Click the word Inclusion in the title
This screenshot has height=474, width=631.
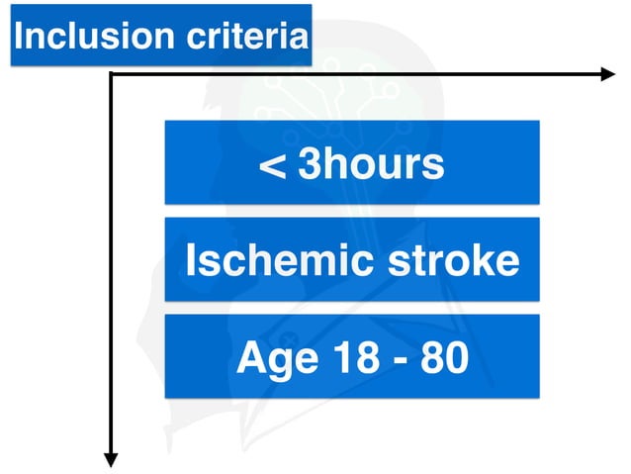click(x=81, y=37)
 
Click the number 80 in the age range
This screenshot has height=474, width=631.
click(x=444, y=357)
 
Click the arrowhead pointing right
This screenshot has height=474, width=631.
click(x=607, y=74)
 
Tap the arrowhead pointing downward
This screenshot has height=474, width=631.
click(x=111, y=458)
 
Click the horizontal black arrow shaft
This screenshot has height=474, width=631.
click(x=356, y=74)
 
